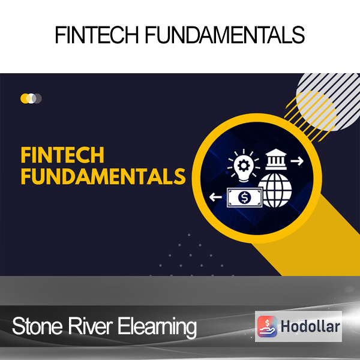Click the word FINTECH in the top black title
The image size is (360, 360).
click(x=97, y=35)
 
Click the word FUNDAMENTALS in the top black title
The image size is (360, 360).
click(x=225, y=35)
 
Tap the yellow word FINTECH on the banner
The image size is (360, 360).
click(x=62, y=155)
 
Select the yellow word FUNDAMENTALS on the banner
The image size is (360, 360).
click(x=103, y=176)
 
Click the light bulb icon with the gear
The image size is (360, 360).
click(x=244, y=166)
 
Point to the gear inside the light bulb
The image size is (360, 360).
click(x=244, y=165)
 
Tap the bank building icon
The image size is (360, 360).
click(x=276, y=160)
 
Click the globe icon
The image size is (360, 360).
click(x=275, y=190)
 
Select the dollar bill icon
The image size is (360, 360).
click(x=245, y=197)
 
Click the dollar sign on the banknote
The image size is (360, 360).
click(x=245, y=197)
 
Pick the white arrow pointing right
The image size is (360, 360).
click(x=297, y=161)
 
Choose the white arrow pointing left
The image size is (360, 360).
click(x=215, y=197)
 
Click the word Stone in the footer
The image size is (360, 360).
click(x=37, y=326)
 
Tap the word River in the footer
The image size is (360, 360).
click(x=90, y=326)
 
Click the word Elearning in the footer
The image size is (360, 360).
click(x=157, y=328)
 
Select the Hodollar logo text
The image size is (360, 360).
click(x=310, y=326)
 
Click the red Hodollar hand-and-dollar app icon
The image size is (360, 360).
click(x=267, y=326)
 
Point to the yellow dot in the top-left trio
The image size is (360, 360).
click(x=25, y=98)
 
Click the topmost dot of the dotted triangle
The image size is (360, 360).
click(x=189, y=235)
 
